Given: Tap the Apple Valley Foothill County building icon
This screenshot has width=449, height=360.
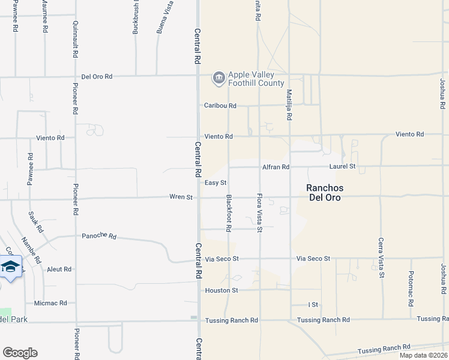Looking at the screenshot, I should (218, 77).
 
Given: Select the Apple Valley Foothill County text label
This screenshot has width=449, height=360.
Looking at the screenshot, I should (251, 79).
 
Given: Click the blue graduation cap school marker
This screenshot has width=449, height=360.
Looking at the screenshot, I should (10, 266).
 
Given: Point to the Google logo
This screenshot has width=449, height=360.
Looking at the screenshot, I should (20, 353).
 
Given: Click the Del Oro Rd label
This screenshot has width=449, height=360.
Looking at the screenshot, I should (97, 77).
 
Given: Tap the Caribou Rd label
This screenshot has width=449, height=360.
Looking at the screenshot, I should (220, 106).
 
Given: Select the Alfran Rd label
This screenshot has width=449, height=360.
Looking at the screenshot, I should (276, 167).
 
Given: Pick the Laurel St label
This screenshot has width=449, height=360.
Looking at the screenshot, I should (342, 166).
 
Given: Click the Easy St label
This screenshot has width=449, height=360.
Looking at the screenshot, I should (215, 183).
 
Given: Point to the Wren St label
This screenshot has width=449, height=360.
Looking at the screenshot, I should (181, 197).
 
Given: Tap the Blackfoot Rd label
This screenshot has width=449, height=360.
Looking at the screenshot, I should (229, 214).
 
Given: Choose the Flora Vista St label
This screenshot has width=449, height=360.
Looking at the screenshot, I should (260, 214).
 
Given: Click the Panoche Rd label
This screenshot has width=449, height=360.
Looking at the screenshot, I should (98, 235).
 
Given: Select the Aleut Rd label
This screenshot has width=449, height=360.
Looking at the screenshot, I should (59, 270).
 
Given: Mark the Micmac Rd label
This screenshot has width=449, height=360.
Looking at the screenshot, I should (50, 303).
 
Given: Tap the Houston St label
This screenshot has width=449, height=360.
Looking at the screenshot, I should (222, 290).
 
